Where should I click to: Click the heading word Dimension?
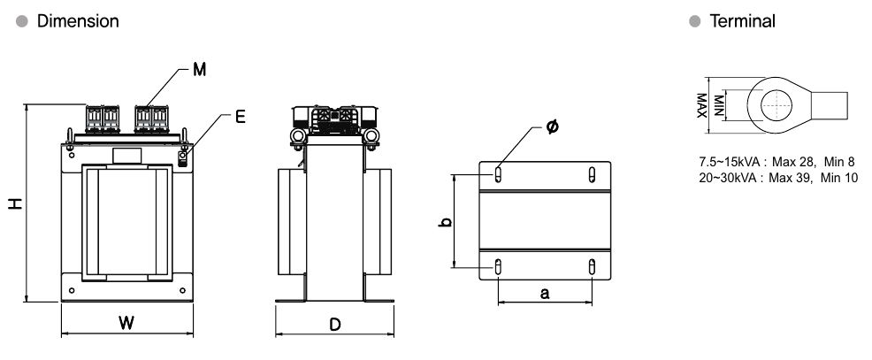[78, 21]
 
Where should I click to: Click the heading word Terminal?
[742, 21]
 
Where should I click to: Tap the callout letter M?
[200, 70]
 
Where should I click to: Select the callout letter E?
[240, 117]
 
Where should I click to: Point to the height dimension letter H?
[16, 203]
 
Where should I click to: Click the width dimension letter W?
[126, 323]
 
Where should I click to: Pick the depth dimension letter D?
[335, 325]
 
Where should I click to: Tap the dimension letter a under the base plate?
[545, 294]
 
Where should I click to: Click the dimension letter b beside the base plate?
[445, 222]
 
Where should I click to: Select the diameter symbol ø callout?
[552, 127]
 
